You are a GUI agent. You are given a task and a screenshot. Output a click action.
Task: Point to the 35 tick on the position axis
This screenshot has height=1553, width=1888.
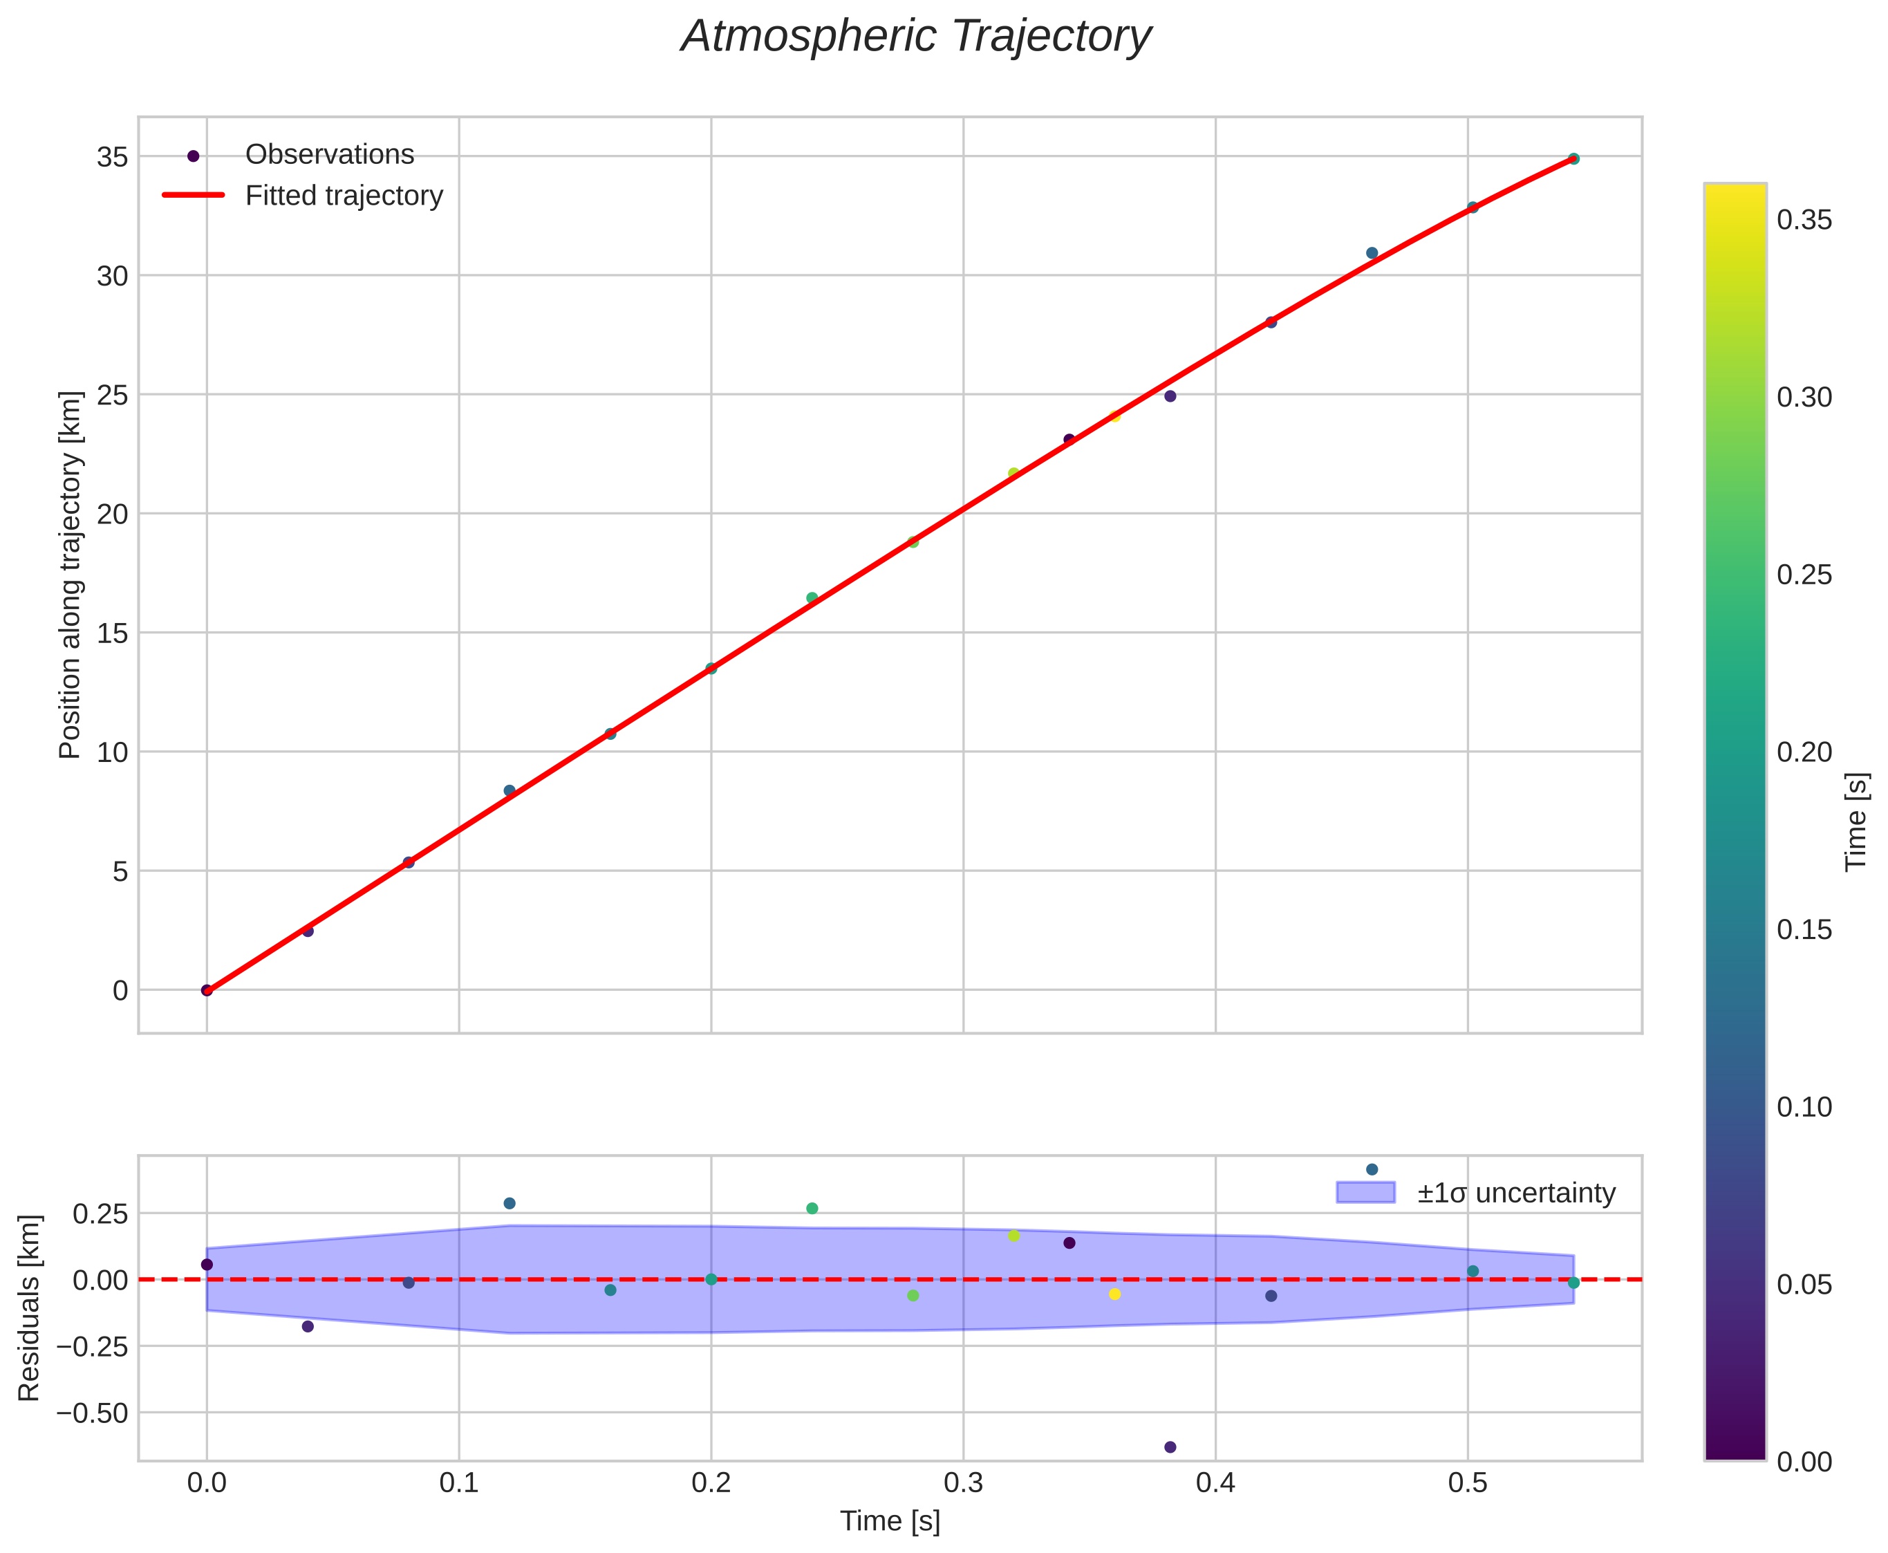(112, 158)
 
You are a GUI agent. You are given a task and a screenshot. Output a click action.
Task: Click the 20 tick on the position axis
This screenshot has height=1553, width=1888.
(112, 514)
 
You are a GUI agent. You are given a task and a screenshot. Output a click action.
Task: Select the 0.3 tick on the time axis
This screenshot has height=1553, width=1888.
(963, 1483)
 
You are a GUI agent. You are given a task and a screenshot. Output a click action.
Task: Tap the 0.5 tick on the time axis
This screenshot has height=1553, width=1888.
(1468, 1483)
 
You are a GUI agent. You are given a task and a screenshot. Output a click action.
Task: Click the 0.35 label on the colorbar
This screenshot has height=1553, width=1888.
(1804, 220)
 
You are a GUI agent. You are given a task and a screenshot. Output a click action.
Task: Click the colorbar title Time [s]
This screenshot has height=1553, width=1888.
(1857, 821)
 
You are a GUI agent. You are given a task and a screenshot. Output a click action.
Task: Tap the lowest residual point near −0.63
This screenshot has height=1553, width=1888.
(1170, 1447)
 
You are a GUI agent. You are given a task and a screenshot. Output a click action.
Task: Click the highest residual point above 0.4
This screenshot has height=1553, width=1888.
(1372, 1169)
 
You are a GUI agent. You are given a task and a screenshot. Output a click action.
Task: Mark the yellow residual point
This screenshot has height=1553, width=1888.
(1114, 1294)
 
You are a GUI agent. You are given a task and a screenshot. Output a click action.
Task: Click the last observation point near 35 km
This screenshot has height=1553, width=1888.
(1574, 159)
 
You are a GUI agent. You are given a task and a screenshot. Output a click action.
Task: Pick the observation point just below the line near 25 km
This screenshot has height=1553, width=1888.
(1170, 396)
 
